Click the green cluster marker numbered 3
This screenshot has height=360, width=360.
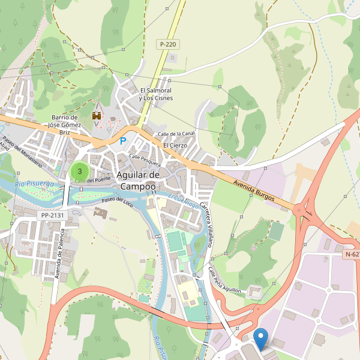pos(79,171)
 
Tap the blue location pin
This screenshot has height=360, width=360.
pos(260,338)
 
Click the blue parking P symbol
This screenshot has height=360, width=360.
pos(123,141)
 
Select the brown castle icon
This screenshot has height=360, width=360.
pos(96,115)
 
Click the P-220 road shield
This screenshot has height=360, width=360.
pos(168,44)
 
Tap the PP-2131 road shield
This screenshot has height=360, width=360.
pos(53,215)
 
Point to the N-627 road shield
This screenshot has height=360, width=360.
pos(352,254)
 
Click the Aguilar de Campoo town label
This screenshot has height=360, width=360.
pos(138,180)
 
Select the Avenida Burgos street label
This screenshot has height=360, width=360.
pos(254,190)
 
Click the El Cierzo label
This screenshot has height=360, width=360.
pos(175,145)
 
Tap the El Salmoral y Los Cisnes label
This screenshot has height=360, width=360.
pos(155,94)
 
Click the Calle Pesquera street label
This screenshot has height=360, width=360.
pos(145,160)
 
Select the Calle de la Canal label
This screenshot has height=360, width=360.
pos(176,133)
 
